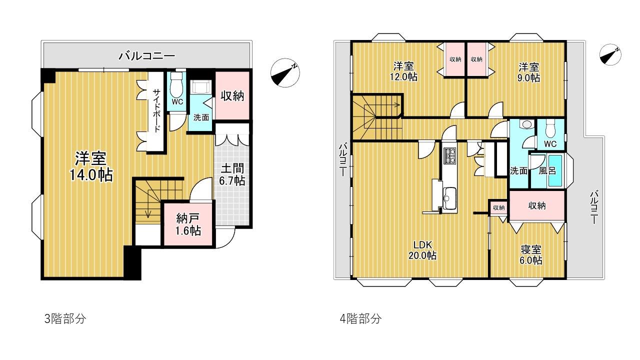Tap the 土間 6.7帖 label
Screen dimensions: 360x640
click(231, 173)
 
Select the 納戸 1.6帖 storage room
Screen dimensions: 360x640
click(188, 224)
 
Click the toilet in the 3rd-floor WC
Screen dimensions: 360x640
click(177, 86)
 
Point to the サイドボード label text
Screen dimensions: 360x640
click(156, 110)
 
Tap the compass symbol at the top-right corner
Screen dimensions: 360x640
click(610, 55)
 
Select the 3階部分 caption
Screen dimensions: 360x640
click(65, 319)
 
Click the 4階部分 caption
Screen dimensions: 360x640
click(360, 319)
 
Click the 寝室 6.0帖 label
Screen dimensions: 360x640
click(530, 255)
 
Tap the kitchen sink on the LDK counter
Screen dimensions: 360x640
click(449, 197)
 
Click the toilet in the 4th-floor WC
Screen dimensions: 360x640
click(550, 129)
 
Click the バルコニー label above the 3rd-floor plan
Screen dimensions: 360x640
click(146, 55)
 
